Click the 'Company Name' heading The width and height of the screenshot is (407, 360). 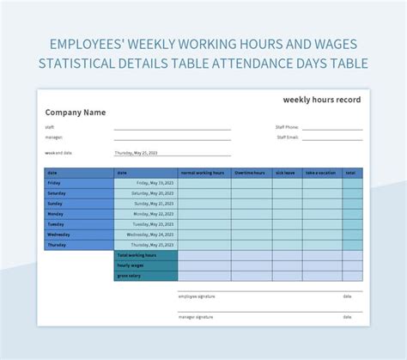coord(75,112)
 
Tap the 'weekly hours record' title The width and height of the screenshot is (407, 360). coord(322,100)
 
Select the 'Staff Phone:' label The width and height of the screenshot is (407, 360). coord(287,127)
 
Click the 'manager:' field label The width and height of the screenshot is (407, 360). coord(53,137)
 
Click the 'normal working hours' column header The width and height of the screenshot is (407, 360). coord(203,173)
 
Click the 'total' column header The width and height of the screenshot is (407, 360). coord(350,173)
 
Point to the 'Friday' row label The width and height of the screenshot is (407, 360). coord(54,183)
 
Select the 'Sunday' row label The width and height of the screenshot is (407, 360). coord(55,204)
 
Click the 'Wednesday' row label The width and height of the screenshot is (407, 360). coord(58,234)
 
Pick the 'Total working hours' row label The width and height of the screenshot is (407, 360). coord(137,255)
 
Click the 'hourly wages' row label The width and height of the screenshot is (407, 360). coord(131,265)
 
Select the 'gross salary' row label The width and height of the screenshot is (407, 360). coord(130,276)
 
